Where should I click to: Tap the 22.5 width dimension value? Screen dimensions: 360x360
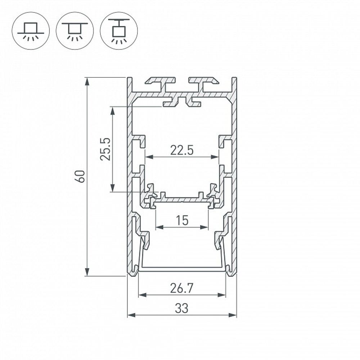(x=182, y=150)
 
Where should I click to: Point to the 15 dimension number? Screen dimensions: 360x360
(x=182, y=220)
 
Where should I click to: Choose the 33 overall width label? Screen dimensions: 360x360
(x=182, y=309)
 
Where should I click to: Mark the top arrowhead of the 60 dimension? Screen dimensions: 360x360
(x=87, y=81)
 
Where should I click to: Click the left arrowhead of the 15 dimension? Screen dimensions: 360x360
(x=159, y=227)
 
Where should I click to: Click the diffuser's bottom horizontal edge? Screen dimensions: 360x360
(x=182, y=268)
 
